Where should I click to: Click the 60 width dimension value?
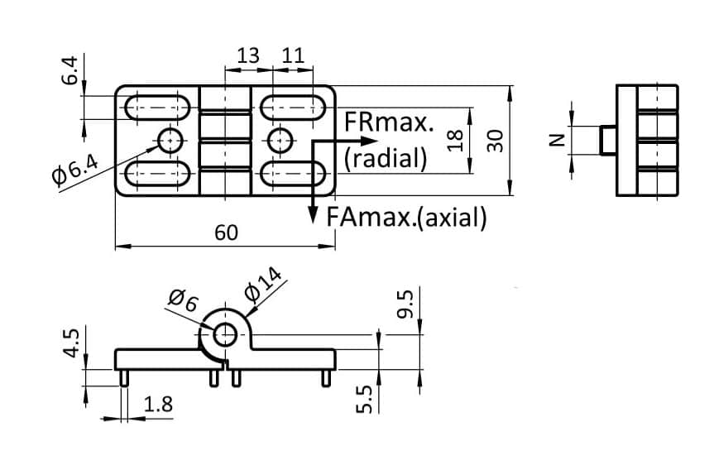click(226, 233)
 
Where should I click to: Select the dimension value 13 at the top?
click(247, 56)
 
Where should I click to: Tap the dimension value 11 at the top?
click(292, 56)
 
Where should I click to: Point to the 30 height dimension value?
click(496, 139)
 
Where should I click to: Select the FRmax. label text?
click(389, 123)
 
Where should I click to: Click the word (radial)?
click(386, 157)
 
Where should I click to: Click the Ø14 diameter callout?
click(264, 285)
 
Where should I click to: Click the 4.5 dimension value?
click(71, 343)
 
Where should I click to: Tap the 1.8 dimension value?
click(157, 405)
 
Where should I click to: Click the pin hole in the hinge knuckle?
click(225, 334)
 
